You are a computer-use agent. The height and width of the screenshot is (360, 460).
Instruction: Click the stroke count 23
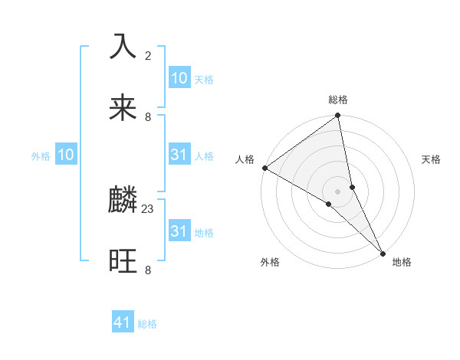pos(148,208)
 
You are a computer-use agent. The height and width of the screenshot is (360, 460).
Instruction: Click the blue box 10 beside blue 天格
pos(179,78)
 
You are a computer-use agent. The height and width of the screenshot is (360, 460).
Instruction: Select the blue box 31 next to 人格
pos(179,155)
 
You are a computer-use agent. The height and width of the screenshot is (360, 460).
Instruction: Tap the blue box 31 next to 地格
pos(179,231)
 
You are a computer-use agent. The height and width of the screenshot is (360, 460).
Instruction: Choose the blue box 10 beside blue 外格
pos(66,155)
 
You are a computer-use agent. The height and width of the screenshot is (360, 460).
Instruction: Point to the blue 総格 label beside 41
pos(147,324)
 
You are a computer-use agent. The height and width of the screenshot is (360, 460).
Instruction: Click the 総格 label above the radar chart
pos(338,100)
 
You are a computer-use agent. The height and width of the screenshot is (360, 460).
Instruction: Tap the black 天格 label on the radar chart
pos(432,159)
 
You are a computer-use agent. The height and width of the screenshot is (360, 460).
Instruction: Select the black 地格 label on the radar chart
pos(402,262)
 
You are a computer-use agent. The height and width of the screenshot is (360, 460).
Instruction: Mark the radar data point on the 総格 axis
pos(338,116)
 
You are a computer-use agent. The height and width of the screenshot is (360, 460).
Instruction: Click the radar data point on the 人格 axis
pos(264,168)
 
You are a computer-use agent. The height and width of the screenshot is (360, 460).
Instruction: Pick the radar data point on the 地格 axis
pos(383,252)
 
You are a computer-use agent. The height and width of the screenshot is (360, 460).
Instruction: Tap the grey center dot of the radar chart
pos(338,191)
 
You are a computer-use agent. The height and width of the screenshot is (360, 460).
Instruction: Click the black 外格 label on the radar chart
pos(270,262)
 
